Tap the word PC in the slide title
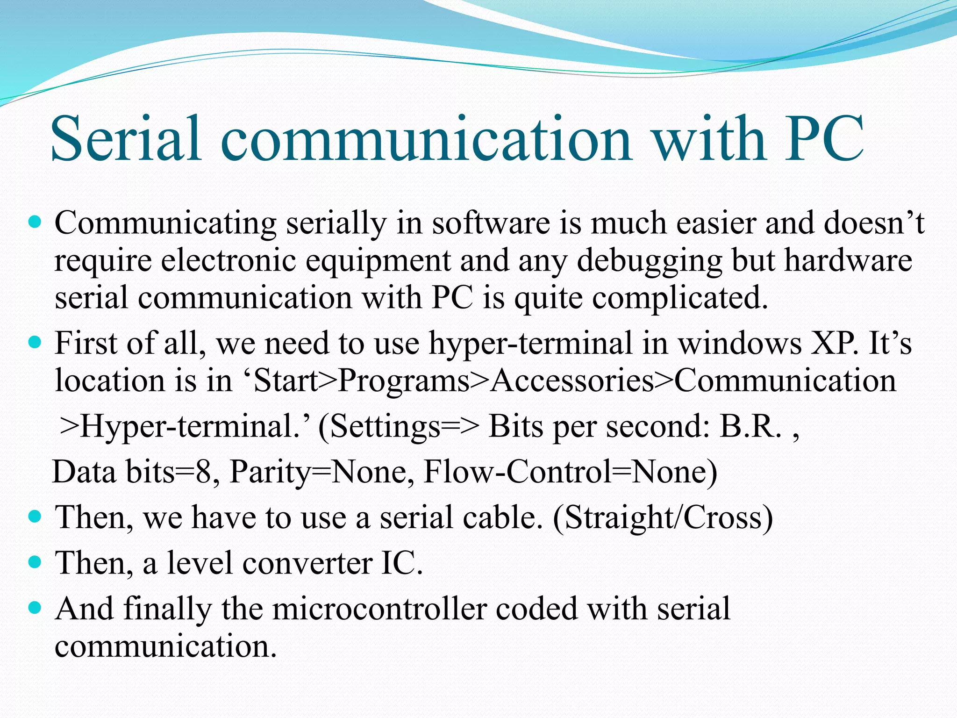[824, 139]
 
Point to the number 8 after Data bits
[204, 472]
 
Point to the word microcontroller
[379, 609]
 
